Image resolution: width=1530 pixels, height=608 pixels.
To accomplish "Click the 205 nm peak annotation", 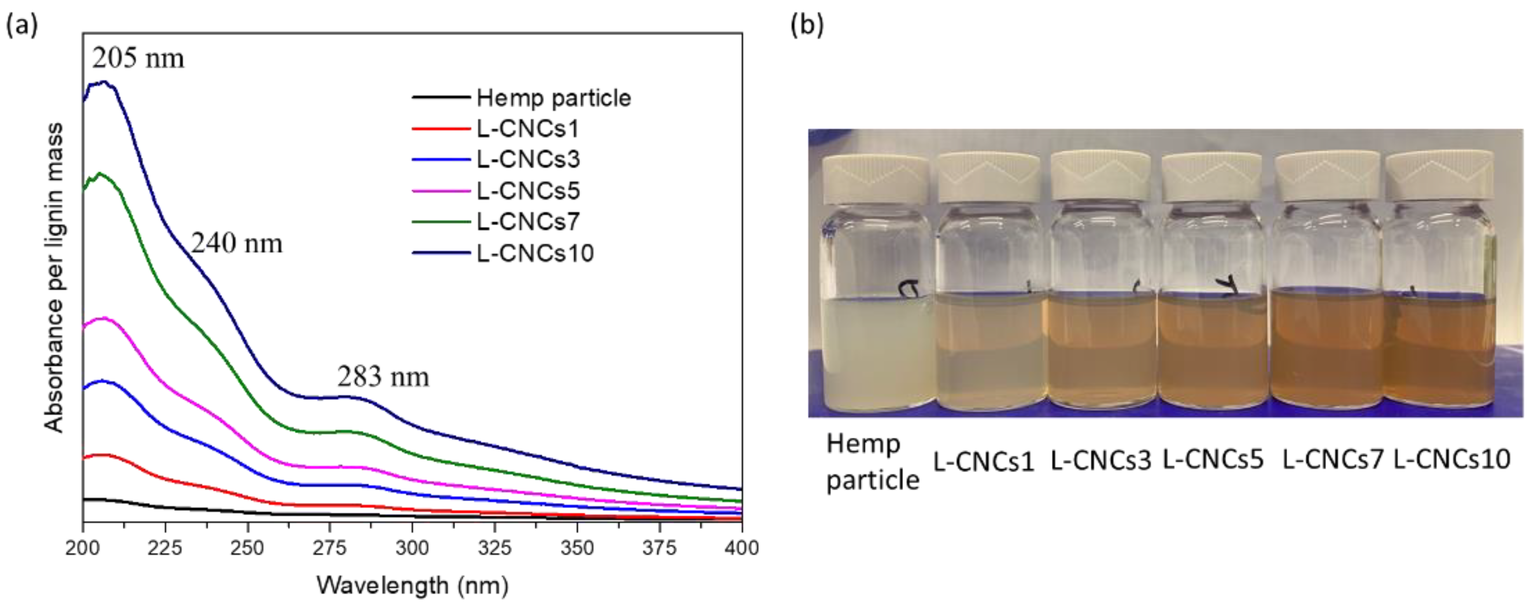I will (x=138, y=58).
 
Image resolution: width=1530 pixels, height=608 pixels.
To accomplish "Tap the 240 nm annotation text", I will (x=237, y=243).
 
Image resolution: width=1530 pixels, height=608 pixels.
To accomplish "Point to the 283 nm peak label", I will (x=383, y=376).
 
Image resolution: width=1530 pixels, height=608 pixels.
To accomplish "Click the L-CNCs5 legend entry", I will (x=527, y=191).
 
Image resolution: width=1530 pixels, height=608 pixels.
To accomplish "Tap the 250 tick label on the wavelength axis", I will (x=247, y=547).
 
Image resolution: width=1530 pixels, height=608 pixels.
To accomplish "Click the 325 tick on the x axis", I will (x=494, y=547).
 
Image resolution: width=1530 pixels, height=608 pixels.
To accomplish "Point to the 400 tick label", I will (x=741, y=547).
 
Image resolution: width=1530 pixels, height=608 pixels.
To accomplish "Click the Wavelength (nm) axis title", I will (x=412, y=585).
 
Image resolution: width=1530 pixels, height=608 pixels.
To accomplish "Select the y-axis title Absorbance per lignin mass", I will (x=54, y=277).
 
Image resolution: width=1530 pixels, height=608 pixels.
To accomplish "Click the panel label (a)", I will (x=21, y=25).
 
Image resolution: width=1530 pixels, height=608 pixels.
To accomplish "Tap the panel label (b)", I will (x=807, y=25).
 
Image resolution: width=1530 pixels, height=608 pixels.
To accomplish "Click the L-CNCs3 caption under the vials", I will (x=1100, y=460).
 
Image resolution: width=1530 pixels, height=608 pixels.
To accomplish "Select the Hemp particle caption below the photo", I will (x=872, y=462).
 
